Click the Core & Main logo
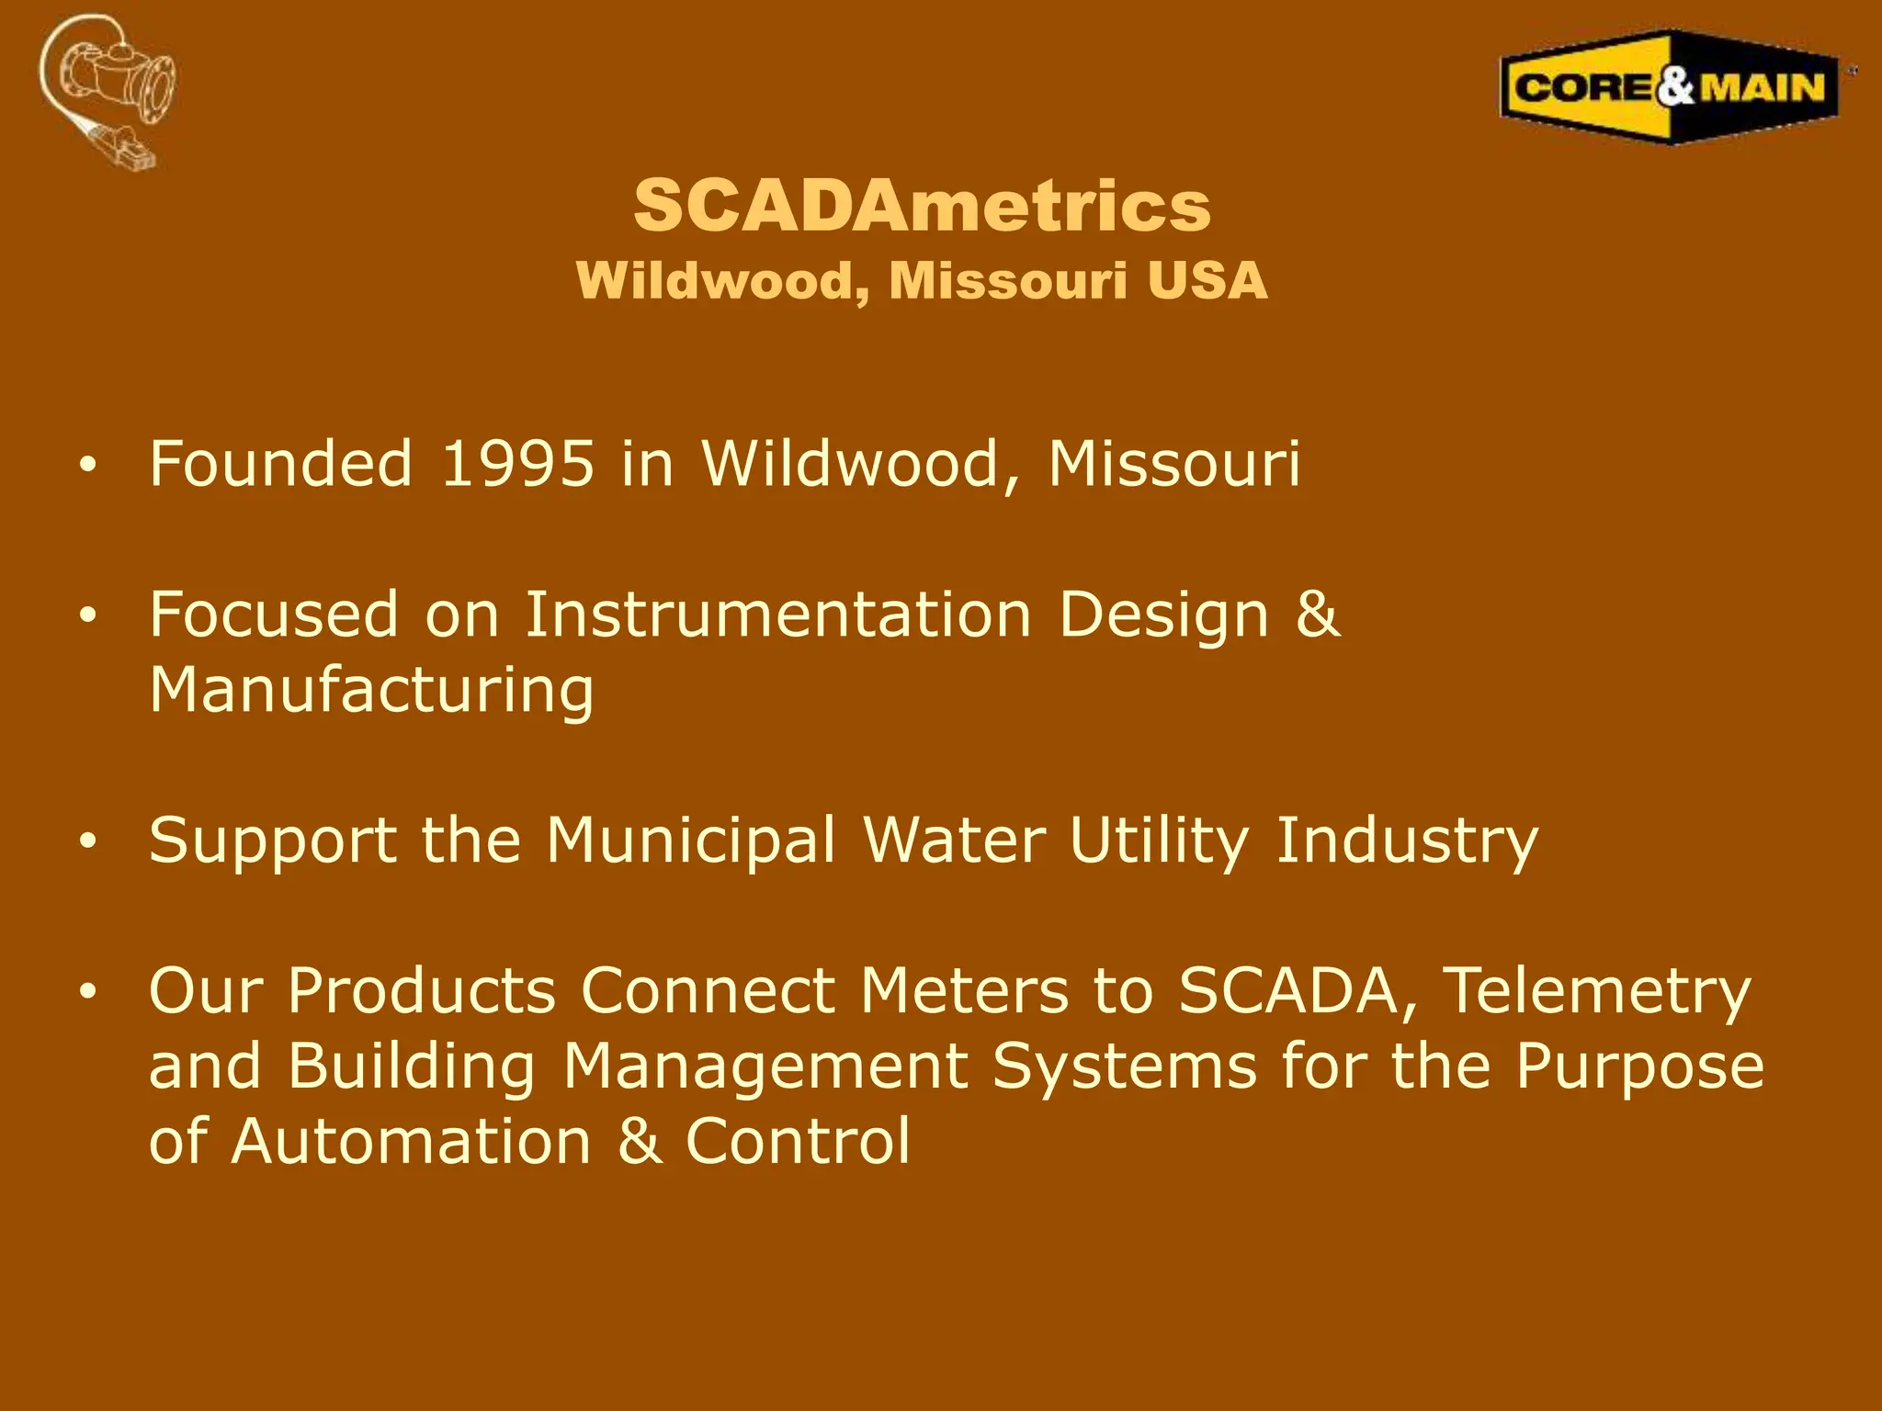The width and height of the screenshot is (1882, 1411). (1670, 88)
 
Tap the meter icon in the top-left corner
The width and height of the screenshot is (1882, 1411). (108, 90)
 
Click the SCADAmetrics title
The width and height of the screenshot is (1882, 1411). (922, 206)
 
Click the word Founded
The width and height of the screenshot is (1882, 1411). (280, 463)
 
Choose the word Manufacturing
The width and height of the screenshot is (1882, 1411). (371, 690)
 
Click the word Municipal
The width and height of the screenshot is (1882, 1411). (690, 841)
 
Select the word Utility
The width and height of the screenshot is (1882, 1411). (1159, 841)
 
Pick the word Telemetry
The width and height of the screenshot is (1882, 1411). (1597, 991)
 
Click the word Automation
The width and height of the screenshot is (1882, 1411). (411, 1142)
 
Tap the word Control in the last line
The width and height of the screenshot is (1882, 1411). (798, 1142)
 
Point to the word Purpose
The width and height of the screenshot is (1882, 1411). (1639, 1067)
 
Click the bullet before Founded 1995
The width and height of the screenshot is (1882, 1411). (87, 466)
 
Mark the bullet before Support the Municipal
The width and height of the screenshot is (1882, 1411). (87, 842)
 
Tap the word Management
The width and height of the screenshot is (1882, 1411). (765, 1067)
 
